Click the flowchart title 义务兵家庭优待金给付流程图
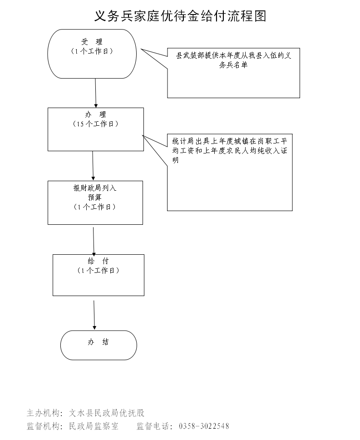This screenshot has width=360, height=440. coord(180,16)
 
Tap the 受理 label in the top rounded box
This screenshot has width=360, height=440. coord(92,42)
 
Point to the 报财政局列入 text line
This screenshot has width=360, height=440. coord(95,188)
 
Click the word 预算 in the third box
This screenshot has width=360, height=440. coord(95,198)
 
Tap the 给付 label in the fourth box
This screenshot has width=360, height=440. coord(98,261)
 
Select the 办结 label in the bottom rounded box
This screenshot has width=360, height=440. coord(98,342)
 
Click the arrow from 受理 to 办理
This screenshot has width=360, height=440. coord(96,93)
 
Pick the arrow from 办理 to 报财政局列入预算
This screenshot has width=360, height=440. coord(93,166)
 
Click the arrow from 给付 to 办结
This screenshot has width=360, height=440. coord(94,313)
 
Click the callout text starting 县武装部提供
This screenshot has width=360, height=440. coord(233,60)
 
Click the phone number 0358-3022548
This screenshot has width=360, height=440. coord(204,426)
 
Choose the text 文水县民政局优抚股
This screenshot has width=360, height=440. coord(107,413)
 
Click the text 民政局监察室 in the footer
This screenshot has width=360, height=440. coord(94,426)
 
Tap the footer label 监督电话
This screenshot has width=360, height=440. coord(153,426)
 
